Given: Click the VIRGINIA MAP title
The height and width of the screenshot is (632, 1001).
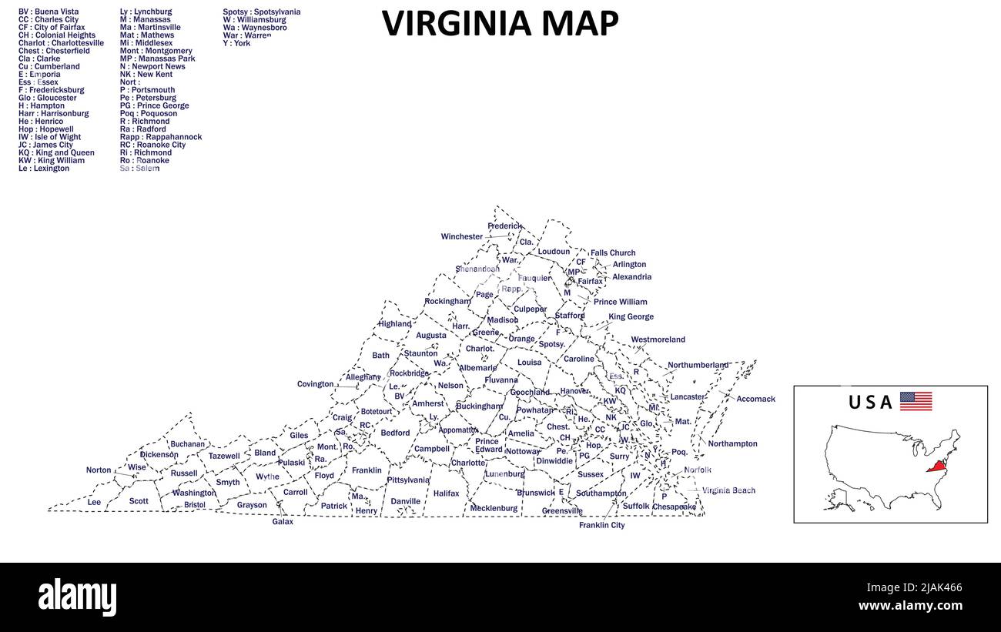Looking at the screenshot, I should pyautogui.click(x=500, y=24).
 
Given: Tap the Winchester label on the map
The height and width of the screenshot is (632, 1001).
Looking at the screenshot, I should pyautogui.click(x=461, y=237).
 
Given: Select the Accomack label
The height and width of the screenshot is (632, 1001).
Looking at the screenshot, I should pyautogui.click(x=755, y=400).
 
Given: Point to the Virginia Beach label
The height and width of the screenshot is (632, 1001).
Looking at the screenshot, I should pyautogui.click(x=728, y=490).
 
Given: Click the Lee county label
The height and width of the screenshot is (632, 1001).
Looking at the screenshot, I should pyautogui.click(x=94, y=503).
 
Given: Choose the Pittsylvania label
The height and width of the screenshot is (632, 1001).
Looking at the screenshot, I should pyautogui.click(x=408, y=480).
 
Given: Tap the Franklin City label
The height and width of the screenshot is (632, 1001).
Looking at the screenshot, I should pyautogui.click(x=601, y=526).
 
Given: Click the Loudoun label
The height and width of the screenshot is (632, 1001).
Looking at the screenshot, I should pyautogui.click(x=554, y=252).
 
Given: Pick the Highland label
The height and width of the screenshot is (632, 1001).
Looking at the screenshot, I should pyautogui.click(x=394, y=324).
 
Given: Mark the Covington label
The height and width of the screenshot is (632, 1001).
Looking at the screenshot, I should pyautogui.click(x=315, y=384).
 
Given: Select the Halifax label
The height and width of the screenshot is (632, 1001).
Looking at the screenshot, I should pyautogui.click(x=446, y=493).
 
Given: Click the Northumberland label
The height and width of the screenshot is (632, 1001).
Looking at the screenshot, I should pyautogui.click(x=698, y=365).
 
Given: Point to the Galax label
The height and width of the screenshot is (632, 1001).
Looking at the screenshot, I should pyautogui.click(x=283, y=522).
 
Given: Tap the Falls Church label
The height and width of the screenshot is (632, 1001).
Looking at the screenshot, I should pyautogui.click(x=613, y=252).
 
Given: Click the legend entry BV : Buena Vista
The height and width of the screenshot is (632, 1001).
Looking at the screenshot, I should pyautogui.click(x=49, y=12).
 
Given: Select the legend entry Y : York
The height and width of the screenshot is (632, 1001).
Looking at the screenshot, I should pyautogui.click(x=236, y=44).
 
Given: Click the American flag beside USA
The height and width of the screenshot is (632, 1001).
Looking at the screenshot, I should pyautogui.click(x=916, y=401).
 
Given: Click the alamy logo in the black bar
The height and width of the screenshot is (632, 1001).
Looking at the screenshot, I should pyautogui.click(x=77, y=597).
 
